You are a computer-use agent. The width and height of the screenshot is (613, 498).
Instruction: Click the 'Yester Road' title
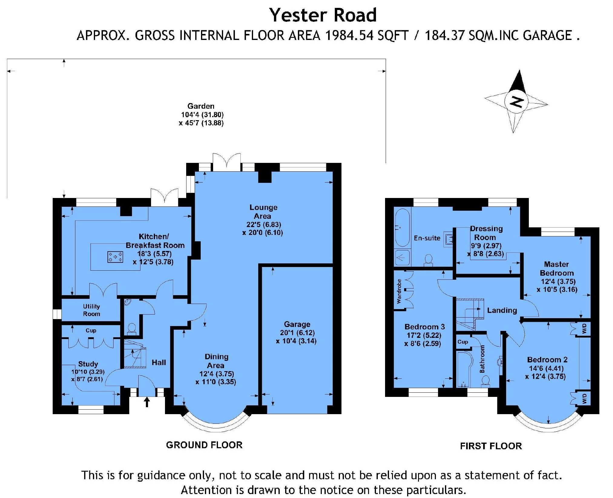click(x=323, y=15)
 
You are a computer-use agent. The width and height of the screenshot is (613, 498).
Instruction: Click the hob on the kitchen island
click(x=115, y=257)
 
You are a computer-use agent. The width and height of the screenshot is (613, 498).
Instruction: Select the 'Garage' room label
click(x=297, y=324)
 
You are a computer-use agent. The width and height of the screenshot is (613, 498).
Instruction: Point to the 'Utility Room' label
click(x=91, y=310)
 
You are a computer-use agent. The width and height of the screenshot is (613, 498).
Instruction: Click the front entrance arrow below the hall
click(x=147, y=402)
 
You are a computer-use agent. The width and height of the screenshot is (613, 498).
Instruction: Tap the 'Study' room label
click(x=88, y=364)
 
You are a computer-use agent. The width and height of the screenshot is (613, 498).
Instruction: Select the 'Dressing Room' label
click(x=486, y=233)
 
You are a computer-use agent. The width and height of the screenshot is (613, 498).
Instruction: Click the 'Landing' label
click(x=502, y=310)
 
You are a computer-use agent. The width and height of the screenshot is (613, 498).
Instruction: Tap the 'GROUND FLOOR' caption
click(x=204, y=445)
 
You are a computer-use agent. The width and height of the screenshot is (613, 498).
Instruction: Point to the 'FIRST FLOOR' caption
click(x=491, y=446)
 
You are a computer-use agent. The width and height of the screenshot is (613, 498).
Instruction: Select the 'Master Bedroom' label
click(x=557, y=269)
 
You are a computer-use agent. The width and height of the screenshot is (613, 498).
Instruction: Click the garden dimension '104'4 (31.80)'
click(x=202, y=115)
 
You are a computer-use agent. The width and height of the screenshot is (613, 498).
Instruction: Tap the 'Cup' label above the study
click(x=91, y=330)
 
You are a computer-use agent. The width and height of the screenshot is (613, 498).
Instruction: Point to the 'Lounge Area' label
click(x=263, y=212)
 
